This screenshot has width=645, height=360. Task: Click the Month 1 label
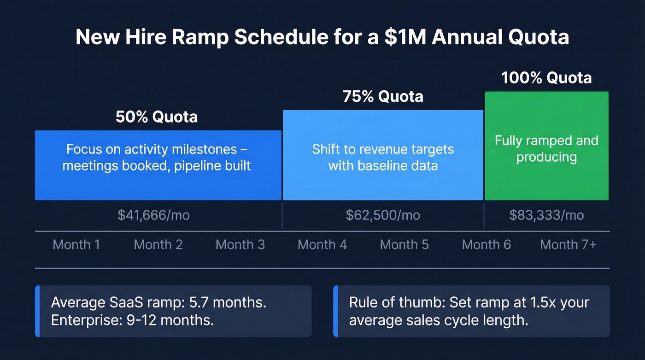(76, 244)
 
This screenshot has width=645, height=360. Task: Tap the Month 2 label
(158, 244)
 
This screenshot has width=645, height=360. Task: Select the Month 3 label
(240, 244)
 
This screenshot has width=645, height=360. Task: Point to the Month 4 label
(322, 244)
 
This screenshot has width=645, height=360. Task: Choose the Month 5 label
(404, 244)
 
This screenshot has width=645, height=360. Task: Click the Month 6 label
(486, 244)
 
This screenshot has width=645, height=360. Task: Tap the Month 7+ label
(568, 244)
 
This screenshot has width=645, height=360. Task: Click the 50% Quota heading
(157, 117)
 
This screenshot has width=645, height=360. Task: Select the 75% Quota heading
(383, 97)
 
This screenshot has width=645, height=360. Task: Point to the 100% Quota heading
(546, 77)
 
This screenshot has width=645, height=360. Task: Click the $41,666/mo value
(153, 215)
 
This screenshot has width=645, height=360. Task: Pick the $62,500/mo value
(383, 215)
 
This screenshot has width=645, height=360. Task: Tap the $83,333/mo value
(546, 215)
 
